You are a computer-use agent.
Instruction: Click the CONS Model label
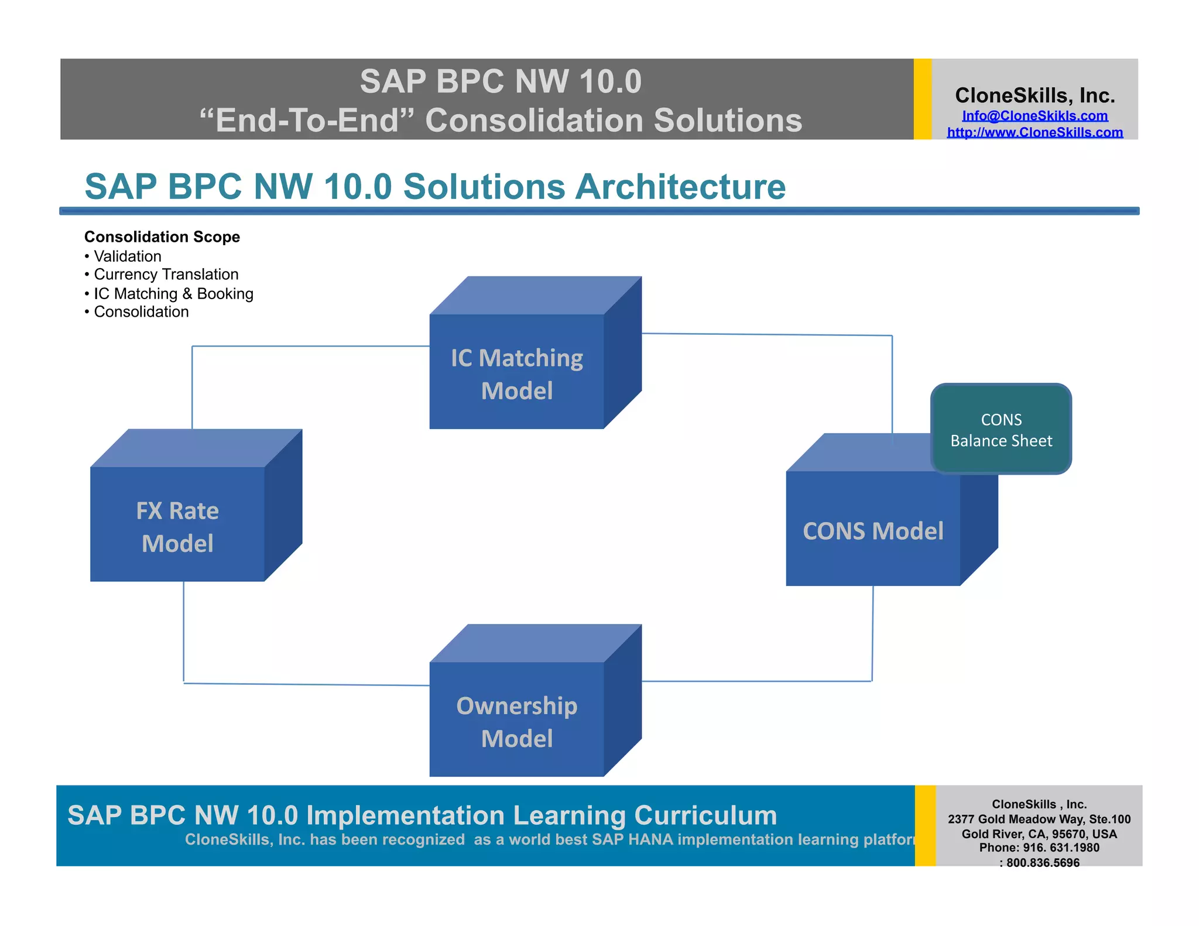point(872,531)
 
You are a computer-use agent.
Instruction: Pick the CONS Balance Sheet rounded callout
point(1001,429)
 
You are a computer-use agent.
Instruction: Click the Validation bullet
point(127,256)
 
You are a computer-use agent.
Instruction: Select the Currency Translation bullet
point(166,275)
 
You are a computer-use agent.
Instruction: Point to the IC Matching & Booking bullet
point(173,293)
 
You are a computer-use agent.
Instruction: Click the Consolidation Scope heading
point(162,236)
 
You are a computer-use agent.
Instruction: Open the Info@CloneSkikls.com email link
point(1034,116)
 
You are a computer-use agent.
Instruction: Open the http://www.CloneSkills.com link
point(1034,132)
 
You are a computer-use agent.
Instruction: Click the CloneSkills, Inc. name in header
point(1034,95)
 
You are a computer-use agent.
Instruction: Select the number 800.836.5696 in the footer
point(1043,863)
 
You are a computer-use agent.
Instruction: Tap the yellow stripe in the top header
point(922,99)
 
